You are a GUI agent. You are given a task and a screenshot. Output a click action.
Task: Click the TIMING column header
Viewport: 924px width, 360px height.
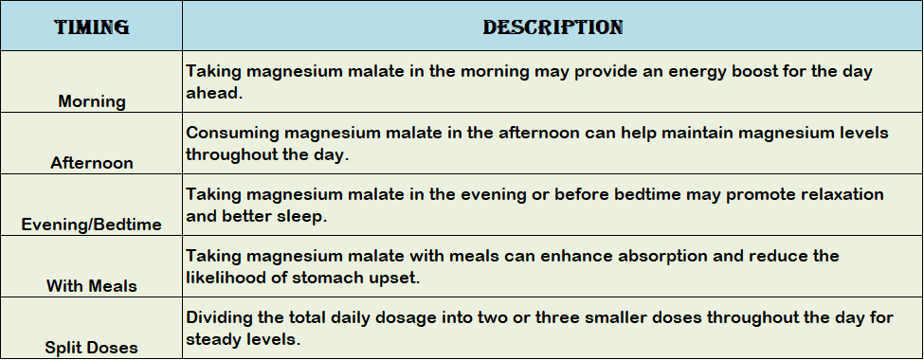pos(91,27)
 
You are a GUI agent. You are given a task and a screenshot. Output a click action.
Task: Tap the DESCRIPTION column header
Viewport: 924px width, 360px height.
pos(553,27)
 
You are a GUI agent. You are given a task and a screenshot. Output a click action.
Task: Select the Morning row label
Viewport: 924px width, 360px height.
pos(91,101)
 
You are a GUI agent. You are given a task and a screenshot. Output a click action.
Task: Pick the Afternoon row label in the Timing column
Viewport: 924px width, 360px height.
pos(91,163)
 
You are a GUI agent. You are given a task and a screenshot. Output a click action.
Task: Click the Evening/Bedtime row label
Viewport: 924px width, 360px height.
pos(91,225)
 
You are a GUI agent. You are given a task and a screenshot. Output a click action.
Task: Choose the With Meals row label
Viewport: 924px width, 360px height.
pos(91,286)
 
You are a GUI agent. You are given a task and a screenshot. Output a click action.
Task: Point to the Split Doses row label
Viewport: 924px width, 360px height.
pos(91,348)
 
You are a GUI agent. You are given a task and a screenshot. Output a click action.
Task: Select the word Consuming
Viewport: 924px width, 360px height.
pos(233,134)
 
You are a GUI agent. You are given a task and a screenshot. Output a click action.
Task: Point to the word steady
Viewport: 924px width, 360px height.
pos(212,340)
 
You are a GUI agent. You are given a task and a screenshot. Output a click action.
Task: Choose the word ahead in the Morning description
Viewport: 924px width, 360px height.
pos(214,93)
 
